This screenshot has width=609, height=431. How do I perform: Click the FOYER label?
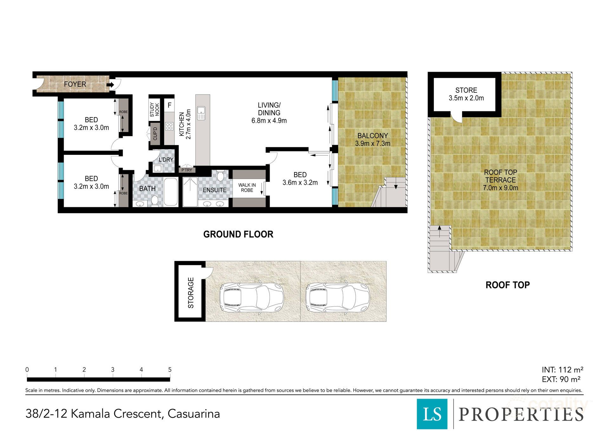75,84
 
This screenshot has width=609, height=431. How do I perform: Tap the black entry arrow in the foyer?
110,85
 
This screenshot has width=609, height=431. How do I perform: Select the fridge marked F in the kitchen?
169,105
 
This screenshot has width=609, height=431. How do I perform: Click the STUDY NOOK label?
154,109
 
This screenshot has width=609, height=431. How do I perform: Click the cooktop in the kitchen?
169,126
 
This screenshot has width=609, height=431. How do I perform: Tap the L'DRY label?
166,160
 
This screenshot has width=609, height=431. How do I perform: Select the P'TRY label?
187,170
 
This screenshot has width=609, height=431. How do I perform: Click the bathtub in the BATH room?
171,192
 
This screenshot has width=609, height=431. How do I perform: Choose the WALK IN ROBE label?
247,188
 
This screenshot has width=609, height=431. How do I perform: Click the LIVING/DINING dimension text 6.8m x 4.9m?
269,121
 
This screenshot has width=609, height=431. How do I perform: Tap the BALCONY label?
373,136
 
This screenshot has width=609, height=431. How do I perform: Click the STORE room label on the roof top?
466,90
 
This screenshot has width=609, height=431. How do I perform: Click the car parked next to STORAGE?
252,297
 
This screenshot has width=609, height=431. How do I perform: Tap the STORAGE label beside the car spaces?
191,293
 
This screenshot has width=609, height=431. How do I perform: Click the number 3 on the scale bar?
113,369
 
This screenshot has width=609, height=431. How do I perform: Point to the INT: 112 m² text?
562,370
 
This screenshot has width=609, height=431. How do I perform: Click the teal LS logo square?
432,414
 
